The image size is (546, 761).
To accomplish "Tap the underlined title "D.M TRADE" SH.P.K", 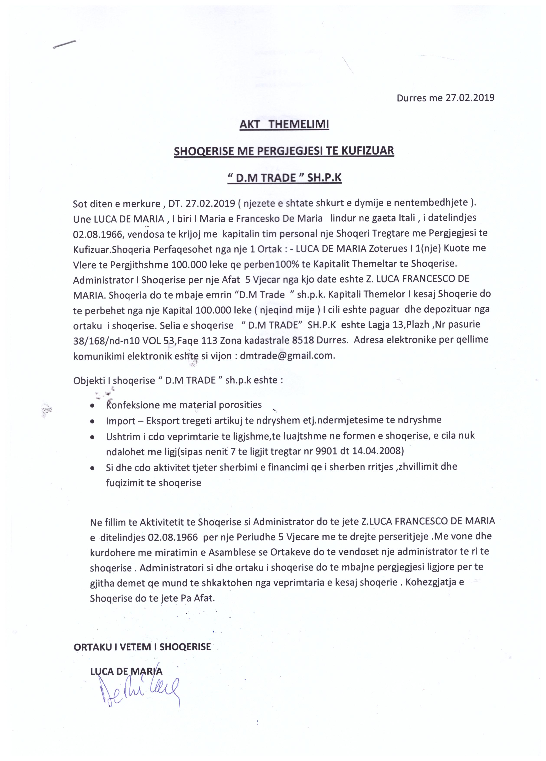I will click(x=284, y=178).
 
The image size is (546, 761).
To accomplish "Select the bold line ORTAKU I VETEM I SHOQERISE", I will click(x=142, y=647).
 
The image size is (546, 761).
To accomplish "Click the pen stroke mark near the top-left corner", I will click(x=64, y=45).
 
